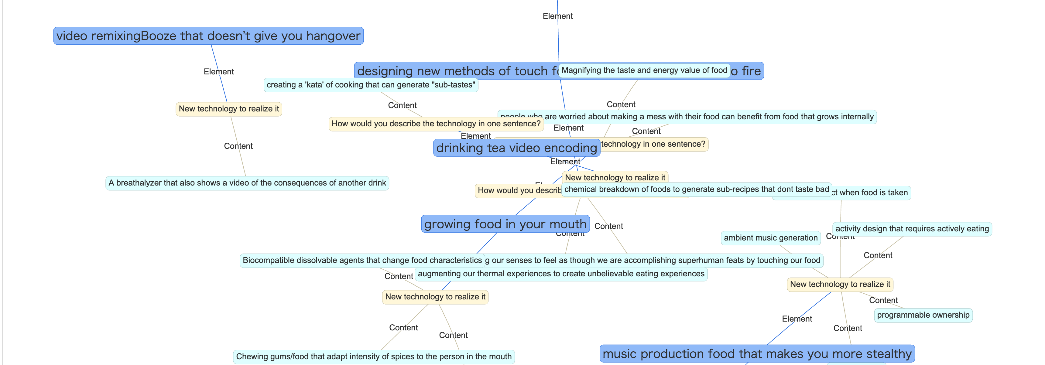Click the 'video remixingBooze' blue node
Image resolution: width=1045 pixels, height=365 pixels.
click(x=208, y=36)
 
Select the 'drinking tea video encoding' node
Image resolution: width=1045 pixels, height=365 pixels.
click(x=516, y=148)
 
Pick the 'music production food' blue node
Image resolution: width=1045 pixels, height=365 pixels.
click(x=757, y=354)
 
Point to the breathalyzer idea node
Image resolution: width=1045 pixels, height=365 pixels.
click(x=247, y=183)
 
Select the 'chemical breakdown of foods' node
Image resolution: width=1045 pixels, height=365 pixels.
click(x=696, y=189)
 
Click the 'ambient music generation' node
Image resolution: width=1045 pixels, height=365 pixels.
click(x=770, y=238)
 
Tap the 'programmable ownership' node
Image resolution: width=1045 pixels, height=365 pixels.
click(x=923, y=315)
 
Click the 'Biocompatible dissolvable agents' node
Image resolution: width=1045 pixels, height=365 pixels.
click(x=362, y=260)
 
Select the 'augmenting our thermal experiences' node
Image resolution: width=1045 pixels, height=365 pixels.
click(x=561, y=274)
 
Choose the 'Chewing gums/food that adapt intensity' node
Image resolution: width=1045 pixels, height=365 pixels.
click(x=374, y=356)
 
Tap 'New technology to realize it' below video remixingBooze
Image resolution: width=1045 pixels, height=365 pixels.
click(x=229, y=109)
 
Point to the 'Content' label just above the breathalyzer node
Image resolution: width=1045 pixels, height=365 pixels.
click(x=238, y=146)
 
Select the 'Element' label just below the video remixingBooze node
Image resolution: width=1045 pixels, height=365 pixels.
click(x=219, y=72)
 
